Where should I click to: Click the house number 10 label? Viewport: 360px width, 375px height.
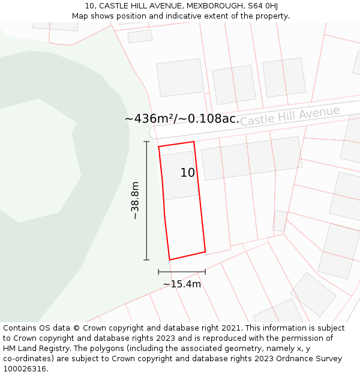[x=188, y=173]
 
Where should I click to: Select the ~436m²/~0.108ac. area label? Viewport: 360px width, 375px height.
[x=182, y=119]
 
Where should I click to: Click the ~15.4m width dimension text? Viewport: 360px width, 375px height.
[x=182, y=284]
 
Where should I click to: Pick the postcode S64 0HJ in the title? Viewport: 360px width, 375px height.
[x=262, y=6]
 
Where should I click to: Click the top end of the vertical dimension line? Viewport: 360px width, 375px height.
[x=146, y=142]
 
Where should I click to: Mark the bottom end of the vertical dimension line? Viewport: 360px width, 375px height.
[x=146, y=260]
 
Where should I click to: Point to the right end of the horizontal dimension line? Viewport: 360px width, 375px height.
[x=205, y=272]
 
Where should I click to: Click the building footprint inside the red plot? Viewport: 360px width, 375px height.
[x=179, y=175]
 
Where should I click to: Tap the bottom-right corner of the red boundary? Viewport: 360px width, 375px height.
[x=205, y=251]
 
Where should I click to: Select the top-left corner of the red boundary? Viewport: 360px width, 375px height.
[x=158, y=146]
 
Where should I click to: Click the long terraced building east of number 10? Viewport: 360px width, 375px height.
[x=251, y=158]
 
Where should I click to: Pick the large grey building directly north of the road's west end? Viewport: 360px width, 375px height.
[x=180, y=77]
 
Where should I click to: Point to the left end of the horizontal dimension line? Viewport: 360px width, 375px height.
[x=158, y=272]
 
